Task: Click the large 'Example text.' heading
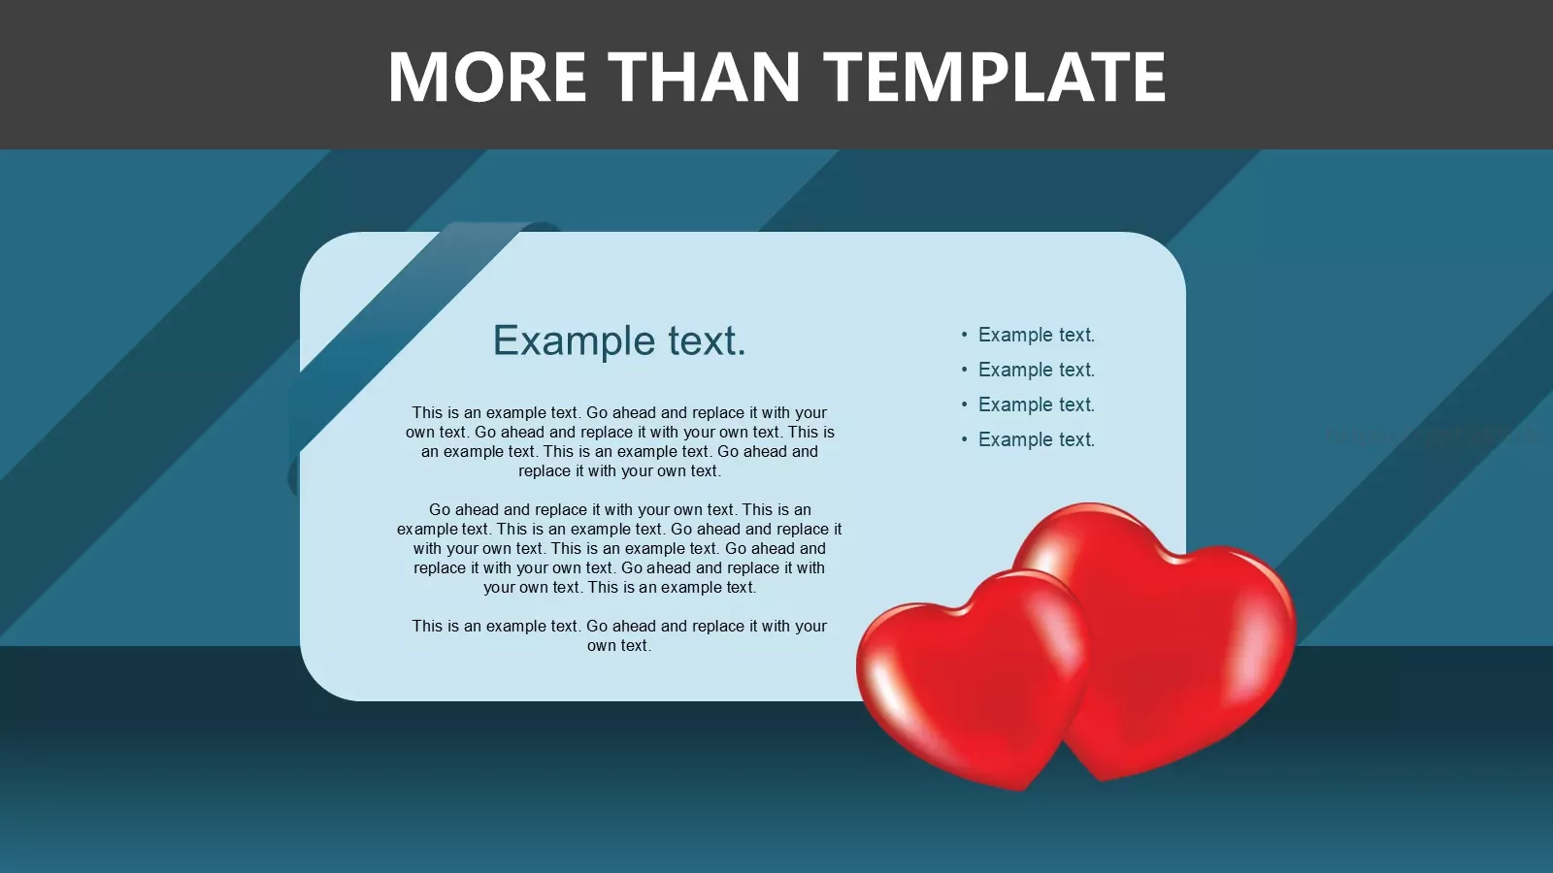[619, 340]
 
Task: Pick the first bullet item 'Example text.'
[1037, 335]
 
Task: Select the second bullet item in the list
[1037, 370]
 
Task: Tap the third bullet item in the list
[1037, 404]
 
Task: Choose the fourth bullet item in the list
[1037, 439]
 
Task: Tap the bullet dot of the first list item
[965, 335]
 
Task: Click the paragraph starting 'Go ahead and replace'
[619, 548]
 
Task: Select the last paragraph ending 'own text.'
[619, 635]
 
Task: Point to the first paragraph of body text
[619, 441]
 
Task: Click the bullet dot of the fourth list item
[965, 439]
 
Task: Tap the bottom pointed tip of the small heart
[1020, 790]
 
